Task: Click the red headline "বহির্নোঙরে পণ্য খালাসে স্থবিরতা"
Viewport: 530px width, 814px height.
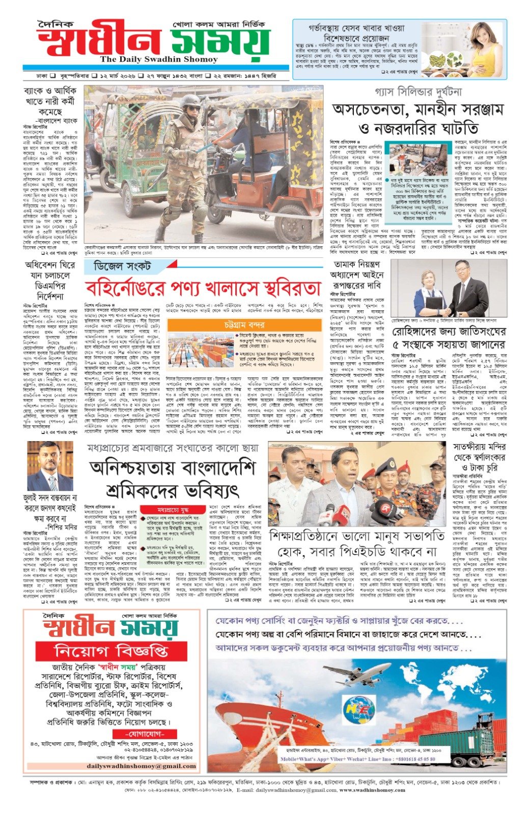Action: pos(203,288)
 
